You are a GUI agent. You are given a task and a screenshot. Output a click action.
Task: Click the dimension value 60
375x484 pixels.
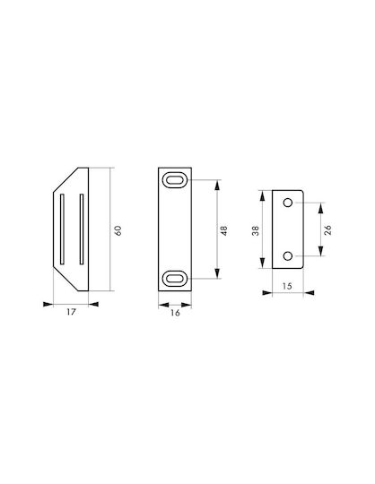pos(118,230)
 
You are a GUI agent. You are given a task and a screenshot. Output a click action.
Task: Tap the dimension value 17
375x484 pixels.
pos(71,312)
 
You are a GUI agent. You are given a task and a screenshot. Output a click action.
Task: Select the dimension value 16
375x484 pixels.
pos(175,313)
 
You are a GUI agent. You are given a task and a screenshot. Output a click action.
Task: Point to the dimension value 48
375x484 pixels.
pos(224,230)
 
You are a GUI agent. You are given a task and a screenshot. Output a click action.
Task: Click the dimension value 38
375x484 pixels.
pos(256,230)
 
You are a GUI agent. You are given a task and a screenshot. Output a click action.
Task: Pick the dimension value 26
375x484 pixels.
pos(327,230)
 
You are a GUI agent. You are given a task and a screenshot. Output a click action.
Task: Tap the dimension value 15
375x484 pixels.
pos(287,286)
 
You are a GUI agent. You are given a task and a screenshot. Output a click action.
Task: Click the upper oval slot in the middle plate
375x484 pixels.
pos(175,180)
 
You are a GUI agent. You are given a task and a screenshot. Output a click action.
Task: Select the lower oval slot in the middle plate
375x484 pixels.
pos(175,279)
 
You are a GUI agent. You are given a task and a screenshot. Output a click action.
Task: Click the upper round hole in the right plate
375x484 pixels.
pos(288,203)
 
